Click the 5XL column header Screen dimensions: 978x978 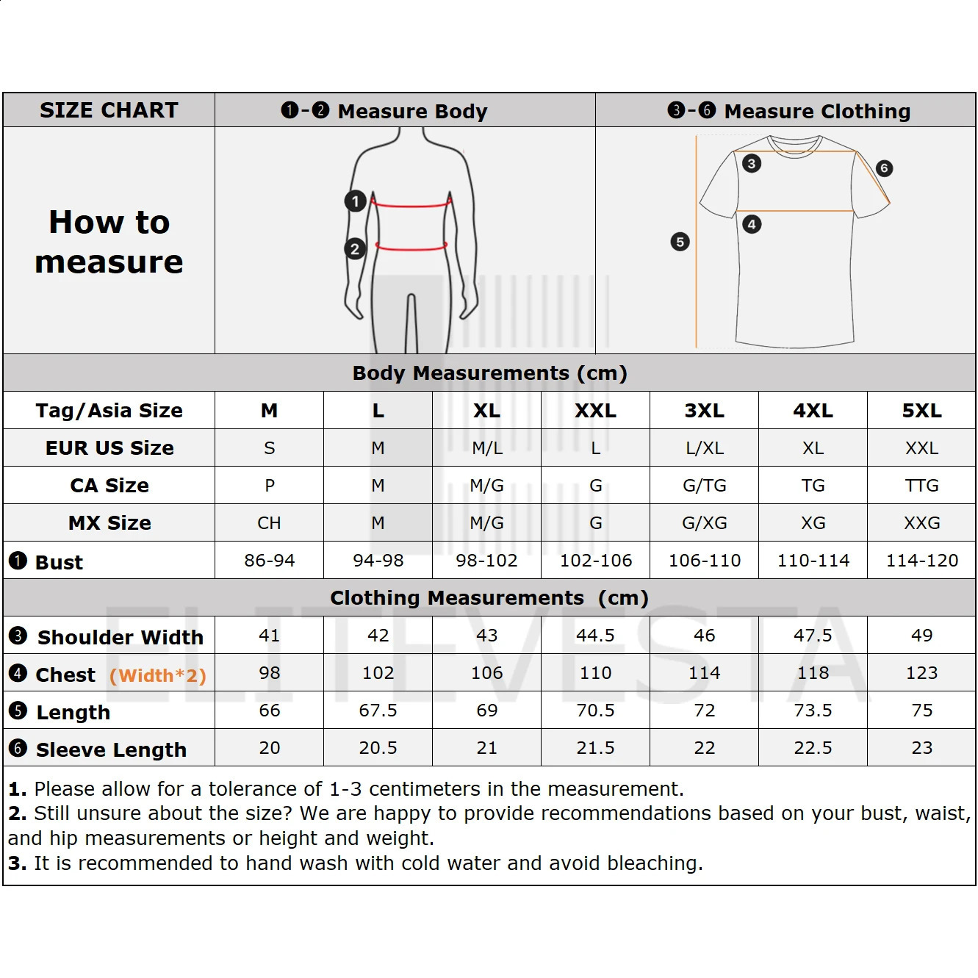point(921,410)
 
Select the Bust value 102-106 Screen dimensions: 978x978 point(595,561)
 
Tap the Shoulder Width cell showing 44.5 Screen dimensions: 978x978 point(595,635)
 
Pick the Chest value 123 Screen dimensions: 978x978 point(921,672)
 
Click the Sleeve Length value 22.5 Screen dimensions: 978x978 point(813,747)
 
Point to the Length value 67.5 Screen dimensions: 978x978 point(378,710)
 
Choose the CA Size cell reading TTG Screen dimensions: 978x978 point(921,485)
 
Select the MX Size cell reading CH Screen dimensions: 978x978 point(269,522)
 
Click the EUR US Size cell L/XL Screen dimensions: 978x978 point(704,447)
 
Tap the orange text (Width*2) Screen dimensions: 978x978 point(158,675)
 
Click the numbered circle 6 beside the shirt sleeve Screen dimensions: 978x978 point(884,168)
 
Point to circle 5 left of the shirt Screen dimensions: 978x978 point(680,242)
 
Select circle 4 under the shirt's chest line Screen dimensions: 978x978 point(752,224)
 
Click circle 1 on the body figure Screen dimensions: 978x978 point(355,201)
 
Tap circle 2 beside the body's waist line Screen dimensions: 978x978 point(355,248)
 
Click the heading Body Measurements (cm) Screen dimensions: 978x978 point(490,373)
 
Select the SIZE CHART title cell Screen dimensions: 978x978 point(109,110)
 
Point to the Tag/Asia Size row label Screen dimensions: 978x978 point(109,410)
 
